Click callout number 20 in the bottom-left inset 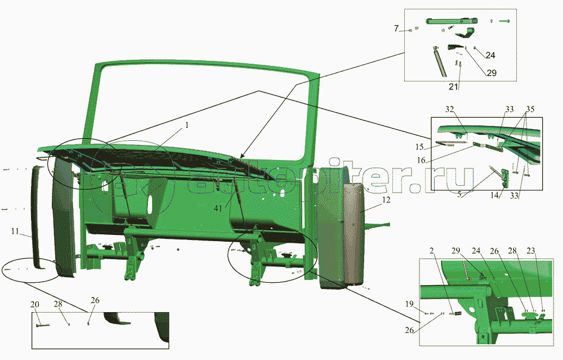click(x=35, y=305)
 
